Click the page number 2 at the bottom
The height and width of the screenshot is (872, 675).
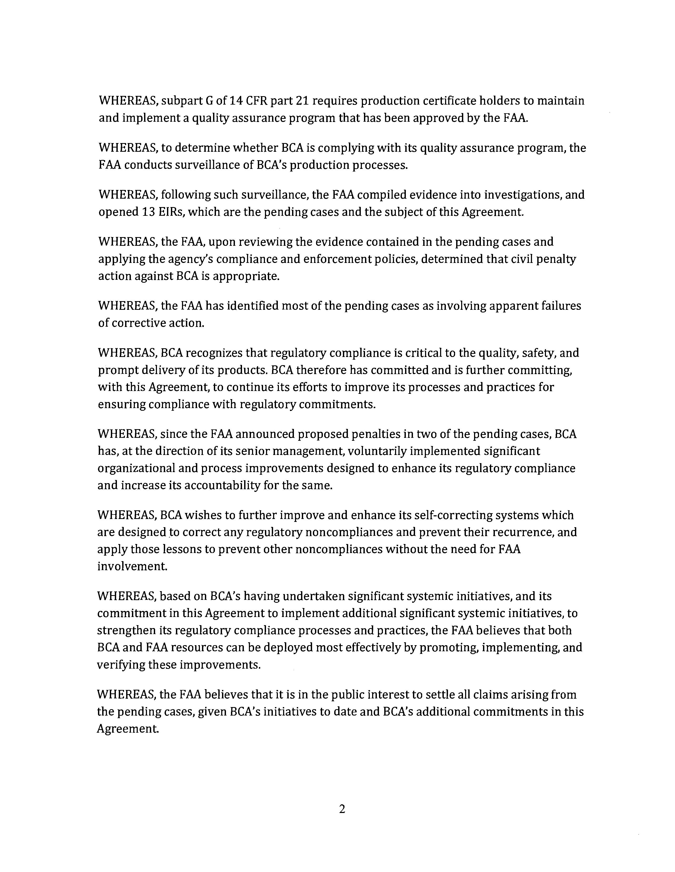(x=342, y=809)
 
